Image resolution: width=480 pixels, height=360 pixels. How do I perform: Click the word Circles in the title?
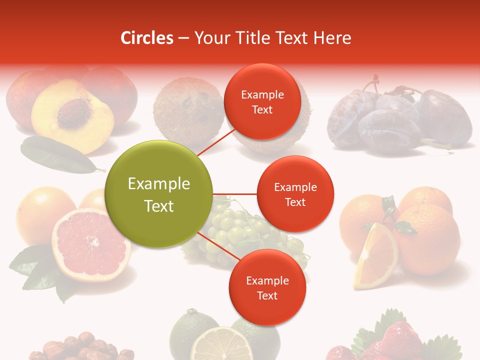146,38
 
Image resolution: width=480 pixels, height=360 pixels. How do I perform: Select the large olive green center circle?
159,194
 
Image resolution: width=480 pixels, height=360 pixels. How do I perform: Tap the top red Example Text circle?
262,102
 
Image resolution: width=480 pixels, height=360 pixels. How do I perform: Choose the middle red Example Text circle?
295,194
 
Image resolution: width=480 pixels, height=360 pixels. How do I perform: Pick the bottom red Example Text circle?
267,288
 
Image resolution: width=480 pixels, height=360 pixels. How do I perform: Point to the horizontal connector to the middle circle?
235,194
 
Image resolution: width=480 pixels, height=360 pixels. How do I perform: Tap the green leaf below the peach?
55,155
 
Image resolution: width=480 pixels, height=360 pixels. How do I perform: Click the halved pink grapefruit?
90,245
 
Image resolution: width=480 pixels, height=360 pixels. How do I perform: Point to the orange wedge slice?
375,257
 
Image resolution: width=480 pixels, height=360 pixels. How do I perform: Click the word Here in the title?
332,38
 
